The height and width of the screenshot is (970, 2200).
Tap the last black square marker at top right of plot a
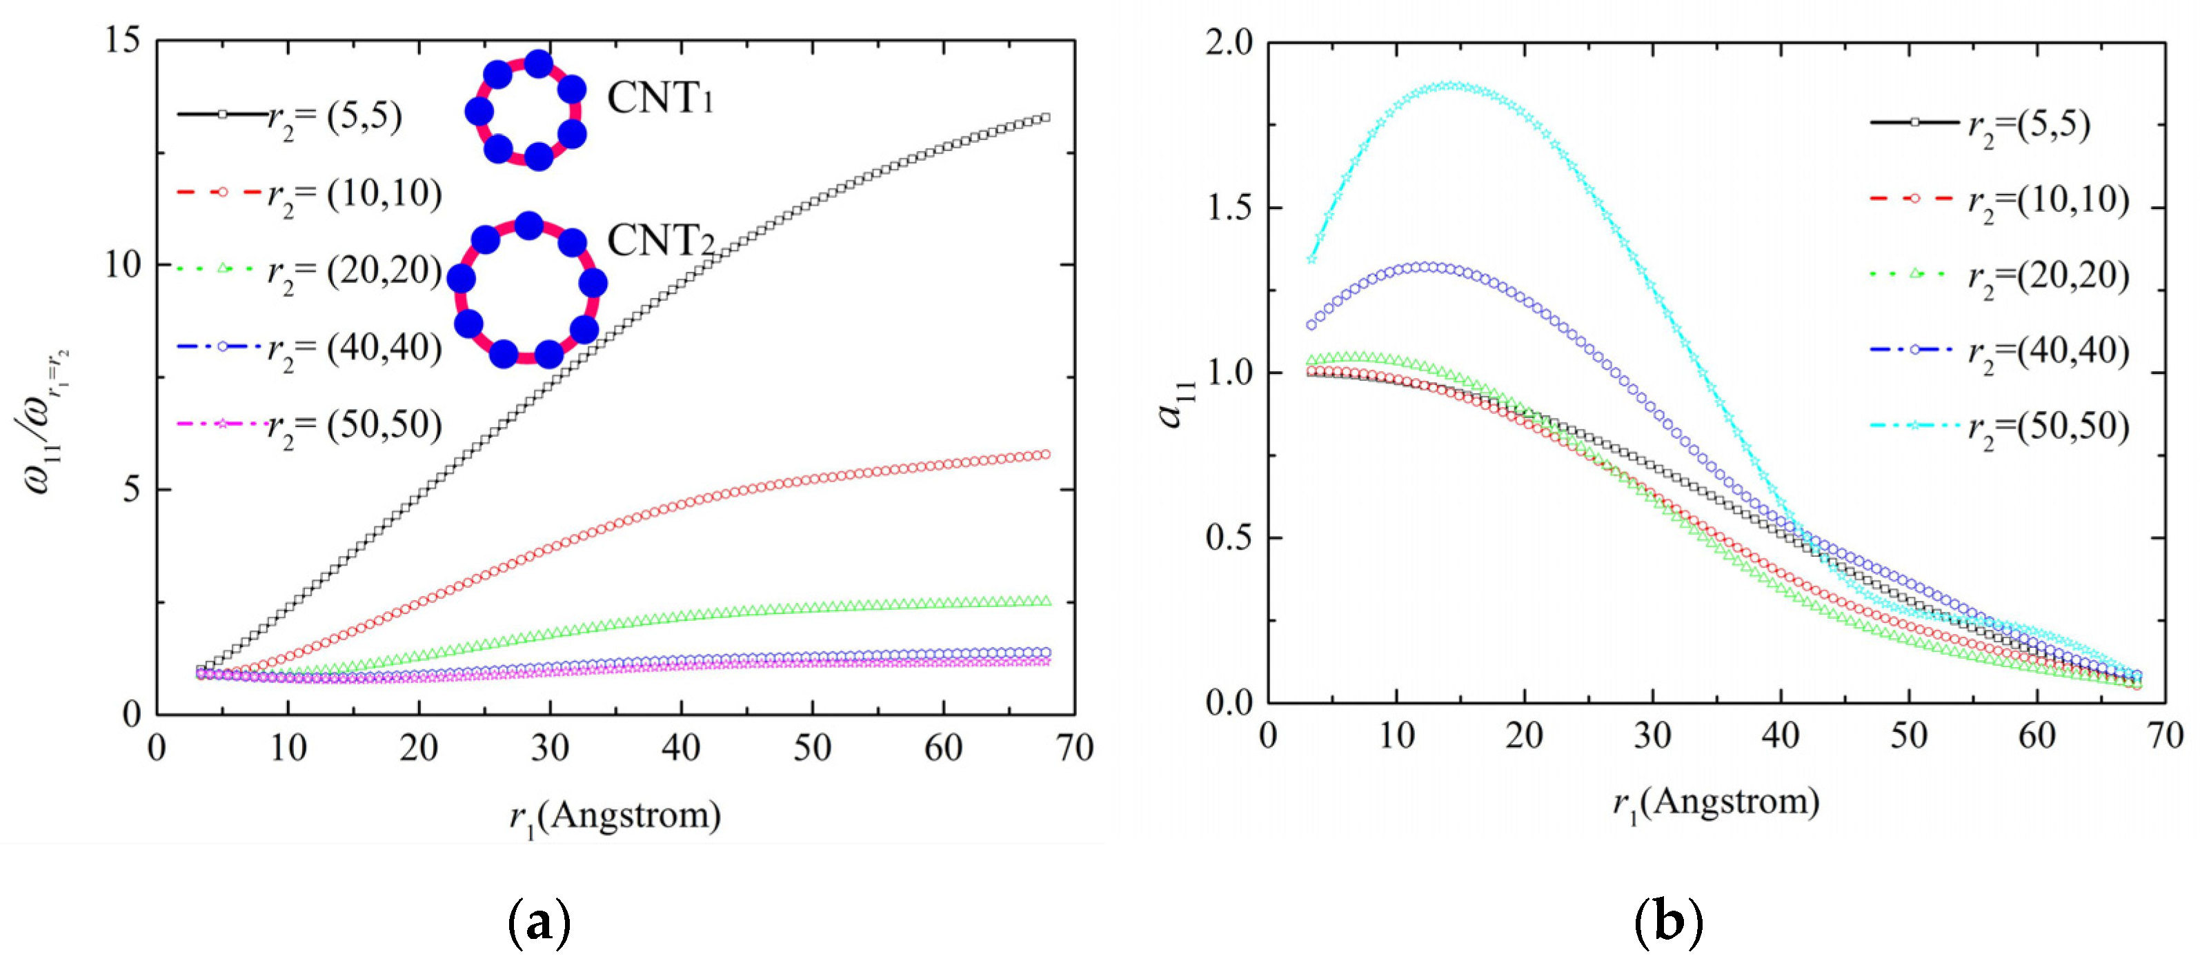(x=1045, y=118)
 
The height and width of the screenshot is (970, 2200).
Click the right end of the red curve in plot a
(x=1045, y=454)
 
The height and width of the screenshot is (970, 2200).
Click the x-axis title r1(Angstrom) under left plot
(x=615, y=816)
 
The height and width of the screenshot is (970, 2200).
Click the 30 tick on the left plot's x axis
(x=550, y=749)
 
